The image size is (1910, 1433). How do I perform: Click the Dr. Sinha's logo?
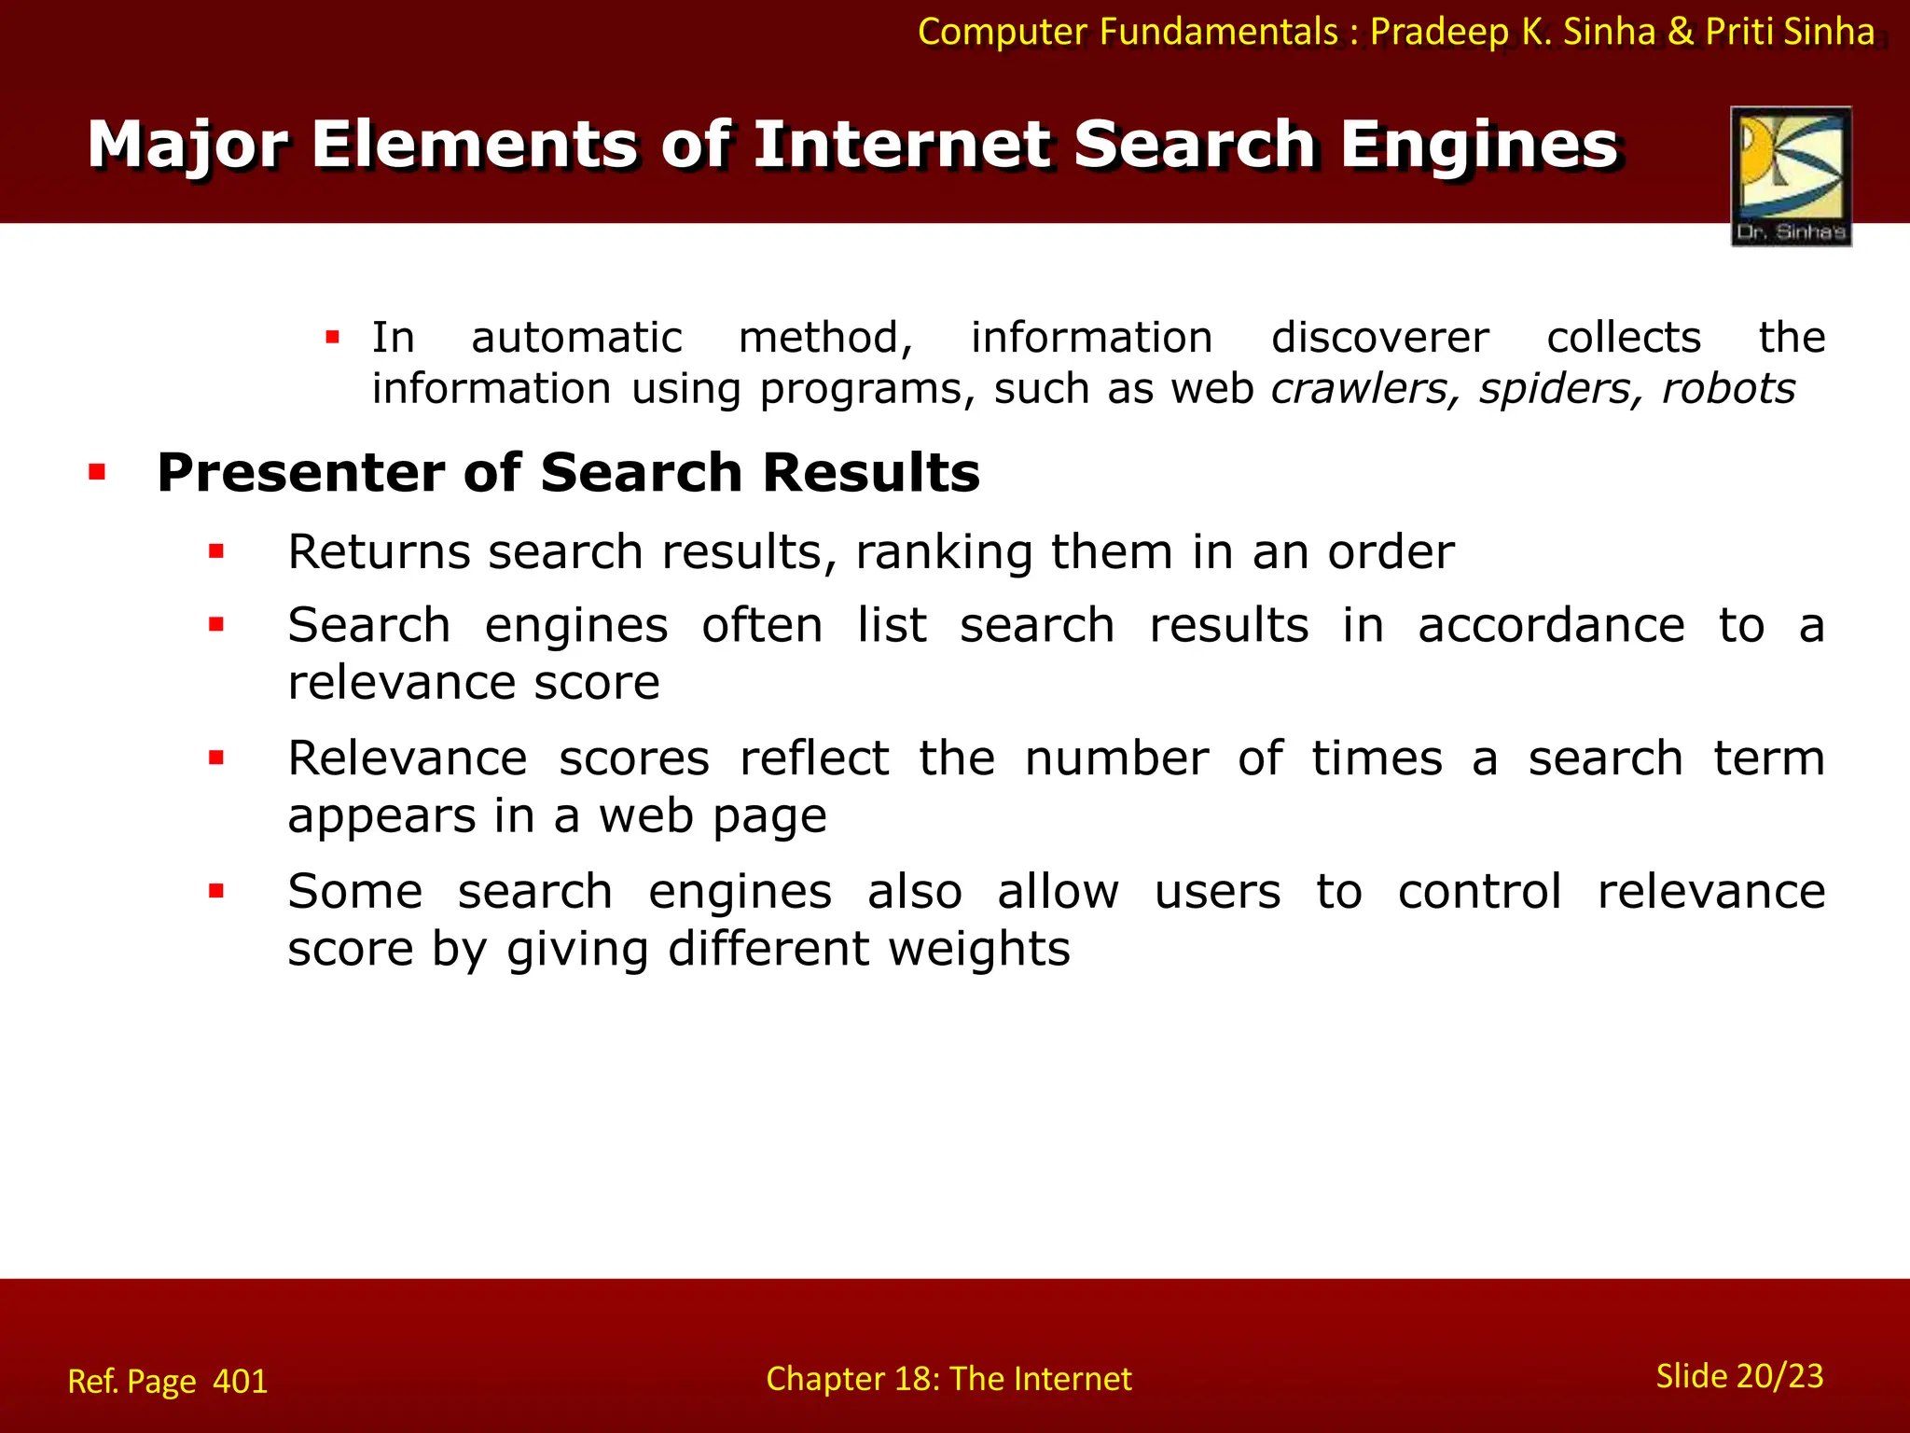1791,175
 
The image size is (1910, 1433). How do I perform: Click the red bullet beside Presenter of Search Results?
97,472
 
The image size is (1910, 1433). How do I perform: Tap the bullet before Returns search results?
216,551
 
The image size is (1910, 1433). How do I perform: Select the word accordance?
1551,625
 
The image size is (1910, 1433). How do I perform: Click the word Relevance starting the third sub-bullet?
407,758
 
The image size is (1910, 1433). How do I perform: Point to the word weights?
978,949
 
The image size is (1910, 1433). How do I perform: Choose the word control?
1479,891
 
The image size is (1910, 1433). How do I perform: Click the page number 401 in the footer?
240,1381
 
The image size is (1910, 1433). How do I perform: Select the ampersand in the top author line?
1681,32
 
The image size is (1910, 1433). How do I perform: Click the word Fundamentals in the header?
1219,32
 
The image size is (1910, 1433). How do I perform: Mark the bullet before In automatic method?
332,337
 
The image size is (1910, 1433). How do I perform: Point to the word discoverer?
1379,338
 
